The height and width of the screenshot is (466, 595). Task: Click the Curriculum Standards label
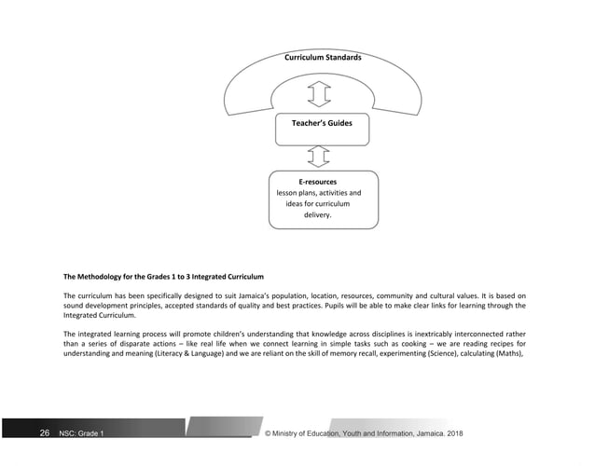click(x=323, y=58)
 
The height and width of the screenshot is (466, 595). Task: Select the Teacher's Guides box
click(x=323, y=124)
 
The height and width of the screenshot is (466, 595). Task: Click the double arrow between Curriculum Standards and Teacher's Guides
click(x=319, y=93)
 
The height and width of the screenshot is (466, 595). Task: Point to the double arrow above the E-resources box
click(x=319, y=154)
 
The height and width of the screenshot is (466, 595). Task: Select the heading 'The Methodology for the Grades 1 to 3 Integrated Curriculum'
click(x=164, y=278)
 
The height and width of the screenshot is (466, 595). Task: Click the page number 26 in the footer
click(x=44, y=433)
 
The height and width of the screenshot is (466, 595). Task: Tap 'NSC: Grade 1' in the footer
click(x=81, y=434)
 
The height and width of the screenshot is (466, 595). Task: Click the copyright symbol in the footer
click(x=269, y=434)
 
